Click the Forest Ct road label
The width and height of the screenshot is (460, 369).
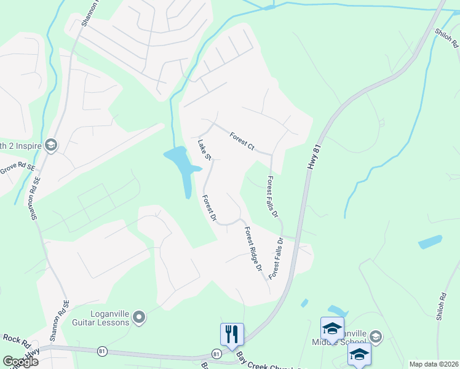242,141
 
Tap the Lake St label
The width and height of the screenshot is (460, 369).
204,150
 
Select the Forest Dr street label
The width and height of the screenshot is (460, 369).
210,208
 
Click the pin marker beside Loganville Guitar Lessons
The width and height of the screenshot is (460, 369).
139,317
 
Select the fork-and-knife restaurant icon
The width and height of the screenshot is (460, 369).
232,334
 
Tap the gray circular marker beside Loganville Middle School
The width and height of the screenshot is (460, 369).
376,336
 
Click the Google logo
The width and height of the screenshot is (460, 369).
20,362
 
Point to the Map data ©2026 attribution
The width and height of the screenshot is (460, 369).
434,364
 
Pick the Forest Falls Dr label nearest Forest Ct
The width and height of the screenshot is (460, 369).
272,197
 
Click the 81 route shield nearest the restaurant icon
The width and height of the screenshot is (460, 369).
216,354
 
